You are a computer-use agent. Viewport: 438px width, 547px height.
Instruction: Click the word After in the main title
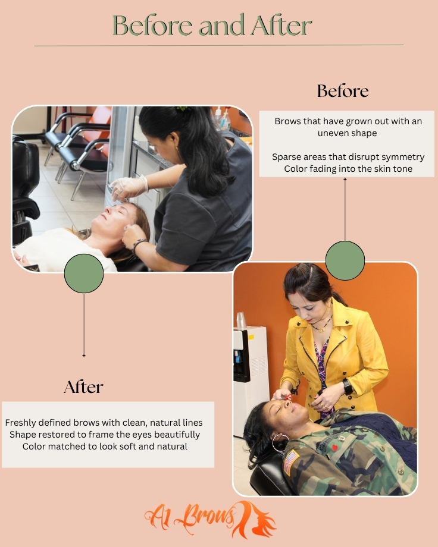281,25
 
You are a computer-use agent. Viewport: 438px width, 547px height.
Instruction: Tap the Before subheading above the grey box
343,91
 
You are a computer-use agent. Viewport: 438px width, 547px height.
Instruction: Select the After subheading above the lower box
83,387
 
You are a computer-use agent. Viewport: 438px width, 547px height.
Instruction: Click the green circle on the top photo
84,273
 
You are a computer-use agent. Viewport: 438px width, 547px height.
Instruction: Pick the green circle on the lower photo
345,260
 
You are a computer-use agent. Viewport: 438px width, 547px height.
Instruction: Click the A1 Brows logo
210,519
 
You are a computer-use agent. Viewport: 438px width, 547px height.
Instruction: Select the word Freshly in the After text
20,423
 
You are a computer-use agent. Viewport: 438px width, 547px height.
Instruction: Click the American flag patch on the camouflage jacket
292,462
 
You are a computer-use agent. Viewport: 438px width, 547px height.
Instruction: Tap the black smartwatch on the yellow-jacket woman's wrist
347,387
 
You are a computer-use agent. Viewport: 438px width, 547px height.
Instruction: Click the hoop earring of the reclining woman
280,442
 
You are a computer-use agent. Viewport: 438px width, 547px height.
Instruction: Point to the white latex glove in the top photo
129,188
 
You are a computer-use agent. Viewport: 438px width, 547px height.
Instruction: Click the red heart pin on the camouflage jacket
334,448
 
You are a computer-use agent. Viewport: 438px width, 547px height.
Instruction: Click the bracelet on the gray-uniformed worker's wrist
139,245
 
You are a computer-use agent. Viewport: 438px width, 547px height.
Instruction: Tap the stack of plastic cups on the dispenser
241,320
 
